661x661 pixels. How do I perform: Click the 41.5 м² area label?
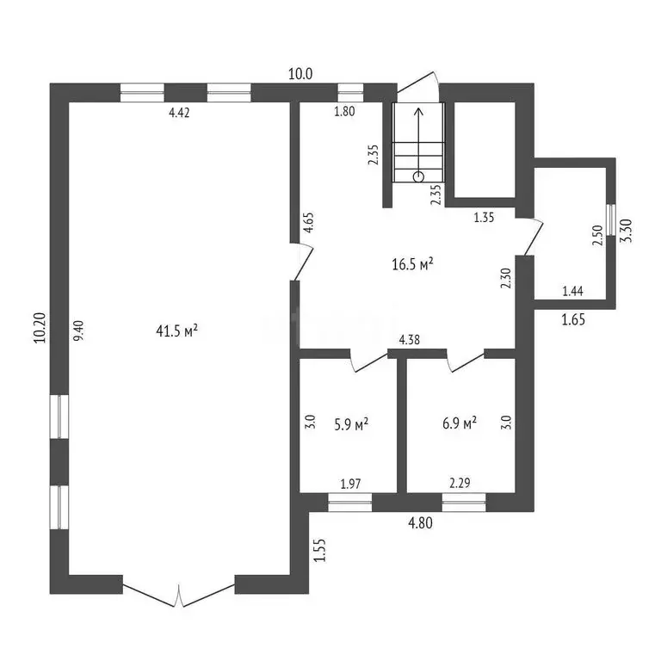pyautogui.click(x=177, y=330)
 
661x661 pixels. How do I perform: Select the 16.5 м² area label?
pyautogui.click(x=413, y=264)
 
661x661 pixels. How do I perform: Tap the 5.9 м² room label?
pyautogui.click(x=351, y=423)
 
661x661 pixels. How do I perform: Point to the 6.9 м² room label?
pyautogui.click(x=460, y=423)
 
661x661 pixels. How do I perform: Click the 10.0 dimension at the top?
pyautogui.click(x=300, y=74)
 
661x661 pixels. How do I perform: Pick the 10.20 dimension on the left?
pyautogui.click(x=40, y=328)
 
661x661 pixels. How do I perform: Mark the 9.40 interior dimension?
pyautogui.click(x=79, y=330)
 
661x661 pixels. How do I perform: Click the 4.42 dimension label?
pyautogui.click(x=179, y=113)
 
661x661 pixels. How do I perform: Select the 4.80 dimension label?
pyautogui.click(x=420, y=523)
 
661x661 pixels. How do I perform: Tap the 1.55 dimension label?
pyautogui.click(x=320, y=550)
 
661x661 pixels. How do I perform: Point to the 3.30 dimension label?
pyautogui.click(x=627, y=231)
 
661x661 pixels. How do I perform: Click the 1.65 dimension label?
pyautogui.click(x=573, y=319)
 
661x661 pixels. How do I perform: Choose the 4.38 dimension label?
pyautogui.click(x=410, y=340)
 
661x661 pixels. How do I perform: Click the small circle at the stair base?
pyautogui.click(x=418, y=176)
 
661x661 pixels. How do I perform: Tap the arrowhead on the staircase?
pyautogui.click(x=418, y=112)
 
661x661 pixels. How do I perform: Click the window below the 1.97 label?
pyautogui.click(x=350, y=502)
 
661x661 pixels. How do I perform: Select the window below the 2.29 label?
pyautogui.click(x=464, y=502)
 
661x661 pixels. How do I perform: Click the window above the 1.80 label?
pyautogui.click(x=351, y=93)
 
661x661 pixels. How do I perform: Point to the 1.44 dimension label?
pyautogui.click(x=573, y=291)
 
